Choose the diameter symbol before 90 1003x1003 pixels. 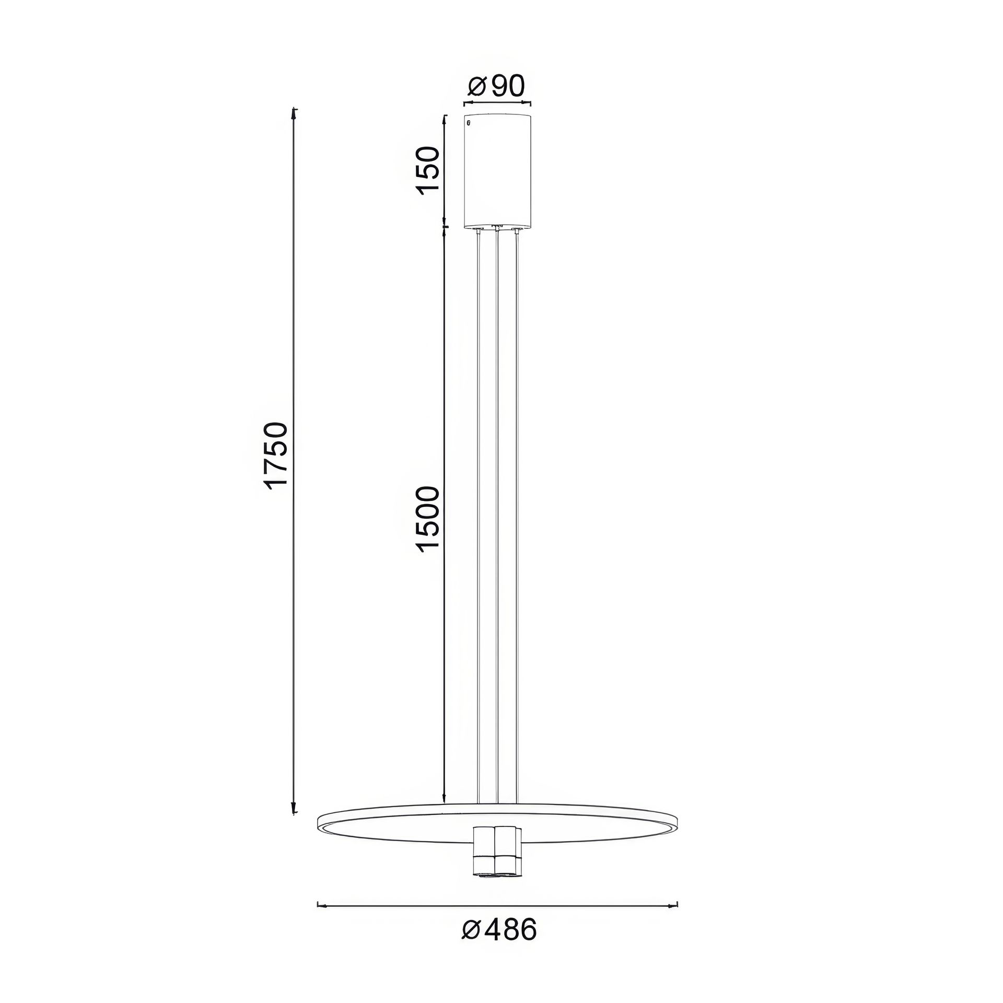[x=477, y=87]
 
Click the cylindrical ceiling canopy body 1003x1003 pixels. [x=498, y=171]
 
